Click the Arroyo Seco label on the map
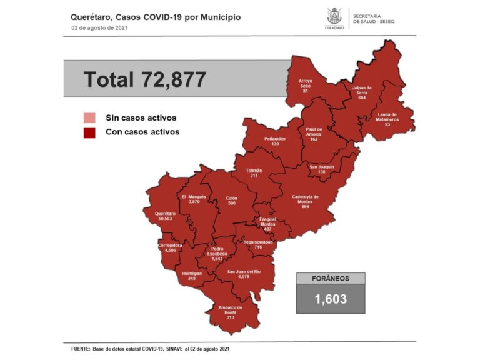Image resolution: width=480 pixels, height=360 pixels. click(x=305, y=84)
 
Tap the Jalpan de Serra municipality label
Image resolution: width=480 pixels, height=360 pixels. click(x=361, y=91)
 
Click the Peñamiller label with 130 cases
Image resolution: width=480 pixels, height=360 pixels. click(x=275, y=141)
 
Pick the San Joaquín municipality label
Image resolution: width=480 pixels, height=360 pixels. click(x=322, y=169)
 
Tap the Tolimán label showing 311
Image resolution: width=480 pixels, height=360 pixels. click(x=254, y=173)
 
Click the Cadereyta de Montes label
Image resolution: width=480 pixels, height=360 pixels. click(x=305, y=201)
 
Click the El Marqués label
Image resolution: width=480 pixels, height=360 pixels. click(x=194, y=199)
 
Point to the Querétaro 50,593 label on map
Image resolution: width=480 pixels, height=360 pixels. click(x=166, y=216)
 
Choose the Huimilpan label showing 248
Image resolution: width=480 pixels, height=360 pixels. click(x=187, y=276)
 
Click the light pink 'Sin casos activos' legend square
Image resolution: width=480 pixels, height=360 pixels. click(x=89, y=118)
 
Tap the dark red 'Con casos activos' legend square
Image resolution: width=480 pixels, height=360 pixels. click(x=89, y=132)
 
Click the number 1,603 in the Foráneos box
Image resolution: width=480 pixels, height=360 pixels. click(x=330, y=299)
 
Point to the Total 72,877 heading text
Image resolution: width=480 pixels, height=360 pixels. click(x=144, y=79)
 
